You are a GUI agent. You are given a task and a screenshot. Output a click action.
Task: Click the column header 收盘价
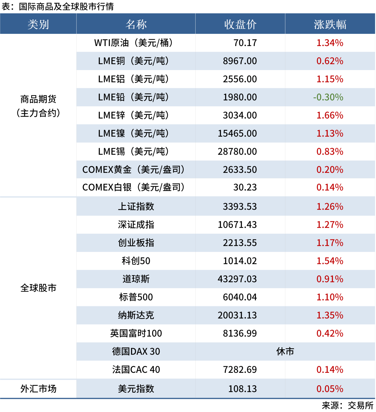click(240, 24)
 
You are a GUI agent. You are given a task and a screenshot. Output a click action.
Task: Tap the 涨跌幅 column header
click(330, 24)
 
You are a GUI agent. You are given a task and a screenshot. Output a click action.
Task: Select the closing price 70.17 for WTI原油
click(245, 43)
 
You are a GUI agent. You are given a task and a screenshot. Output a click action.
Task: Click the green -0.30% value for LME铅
click(328, 97)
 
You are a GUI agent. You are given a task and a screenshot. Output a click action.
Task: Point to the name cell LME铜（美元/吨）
click(134, 61)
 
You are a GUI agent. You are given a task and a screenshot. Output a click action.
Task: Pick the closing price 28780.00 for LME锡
click(237, 151)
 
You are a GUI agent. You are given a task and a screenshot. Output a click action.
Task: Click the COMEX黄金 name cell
click(134, 170)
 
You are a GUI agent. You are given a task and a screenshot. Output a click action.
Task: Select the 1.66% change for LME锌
click(330, 115)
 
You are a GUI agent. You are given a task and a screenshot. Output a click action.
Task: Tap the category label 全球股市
click(38, 288)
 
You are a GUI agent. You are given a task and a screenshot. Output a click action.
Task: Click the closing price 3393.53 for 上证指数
click(240, 206)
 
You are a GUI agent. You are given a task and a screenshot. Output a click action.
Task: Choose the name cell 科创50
click(136, 261)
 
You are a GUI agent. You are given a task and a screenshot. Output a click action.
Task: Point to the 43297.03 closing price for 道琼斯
click(237, 279)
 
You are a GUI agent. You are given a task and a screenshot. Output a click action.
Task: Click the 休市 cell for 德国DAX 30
click(285, 351)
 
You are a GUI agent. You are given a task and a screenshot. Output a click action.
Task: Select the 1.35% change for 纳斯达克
click(330, 315)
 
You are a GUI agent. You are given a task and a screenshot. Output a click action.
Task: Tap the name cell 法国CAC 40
click(136, 370)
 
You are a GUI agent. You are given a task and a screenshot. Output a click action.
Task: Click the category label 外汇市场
click(38, 389)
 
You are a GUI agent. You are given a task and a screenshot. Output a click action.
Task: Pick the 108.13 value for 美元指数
click(242, 389)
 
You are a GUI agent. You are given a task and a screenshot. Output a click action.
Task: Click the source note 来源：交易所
click(347, 405)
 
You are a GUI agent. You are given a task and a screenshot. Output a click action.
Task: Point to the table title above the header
click(58, 7)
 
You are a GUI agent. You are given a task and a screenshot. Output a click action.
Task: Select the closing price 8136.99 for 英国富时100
click(240, 333)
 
